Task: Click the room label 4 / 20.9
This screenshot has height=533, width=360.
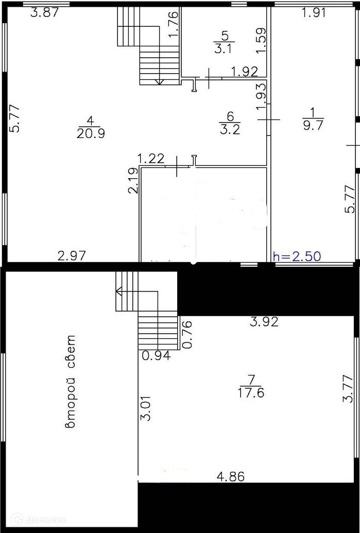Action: [90, 127]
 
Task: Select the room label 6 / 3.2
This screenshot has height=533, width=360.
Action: [230, 124]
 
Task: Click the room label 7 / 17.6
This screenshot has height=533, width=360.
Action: [251, 387]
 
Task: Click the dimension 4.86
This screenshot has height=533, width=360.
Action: [230, 476]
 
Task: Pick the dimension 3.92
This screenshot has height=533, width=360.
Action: [264, 322]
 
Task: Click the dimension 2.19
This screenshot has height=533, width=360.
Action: [132, 181]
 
